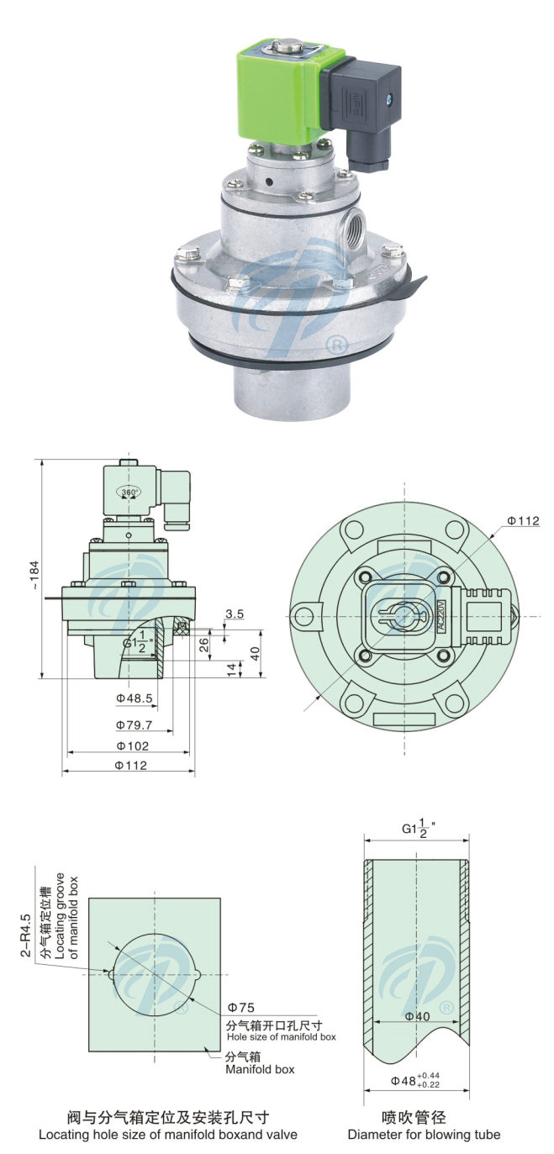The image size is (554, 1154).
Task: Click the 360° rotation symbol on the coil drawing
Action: pyautogui.click(x=129, y=492)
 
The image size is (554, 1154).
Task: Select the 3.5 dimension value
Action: pyautogui.click(x=235, y=614)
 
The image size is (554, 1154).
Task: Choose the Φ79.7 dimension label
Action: pyautogui.click(x=134, y=725)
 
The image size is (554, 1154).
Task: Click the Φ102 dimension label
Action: pyautogui.click(x=132, y=746)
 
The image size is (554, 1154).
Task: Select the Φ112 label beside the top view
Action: pyautogui.click(x=522, y=521)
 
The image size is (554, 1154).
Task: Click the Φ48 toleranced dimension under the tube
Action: pyautogui.click(x=415, y=1079)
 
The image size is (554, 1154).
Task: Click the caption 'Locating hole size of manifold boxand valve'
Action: pyautogui.click(x=168, y=1135)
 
